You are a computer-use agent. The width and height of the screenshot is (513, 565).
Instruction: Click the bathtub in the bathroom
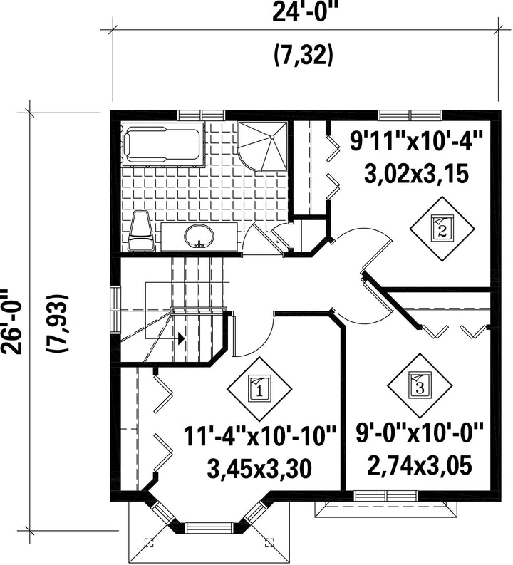pos(163,144)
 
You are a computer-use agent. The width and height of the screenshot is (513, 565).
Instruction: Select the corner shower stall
pos(264,147)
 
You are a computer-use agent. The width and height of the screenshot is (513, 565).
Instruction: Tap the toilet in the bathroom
pos(141,231)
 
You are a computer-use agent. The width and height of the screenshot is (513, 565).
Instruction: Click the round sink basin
pos(199,237)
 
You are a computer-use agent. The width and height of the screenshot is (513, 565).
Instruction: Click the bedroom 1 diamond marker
pos(259,389)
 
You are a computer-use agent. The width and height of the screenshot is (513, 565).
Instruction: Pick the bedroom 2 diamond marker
pos(442,228)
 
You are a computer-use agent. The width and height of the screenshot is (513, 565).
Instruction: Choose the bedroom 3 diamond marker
pos(420,386)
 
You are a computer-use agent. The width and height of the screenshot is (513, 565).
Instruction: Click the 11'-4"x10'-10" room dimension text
pos(260,435)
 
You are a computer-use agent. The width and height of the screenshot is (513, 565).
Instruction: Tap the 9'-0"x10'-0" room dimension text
pos(420,432)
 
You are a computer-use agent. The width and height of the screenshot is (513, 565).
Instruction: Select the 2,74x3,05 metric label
pos(420,466)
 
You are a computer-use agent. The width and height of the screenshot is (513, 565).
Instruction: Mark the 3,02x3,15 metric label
pos(416,175)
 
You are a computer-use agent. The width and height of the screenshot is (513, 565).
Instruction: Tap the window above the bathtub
pos(202,115)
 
